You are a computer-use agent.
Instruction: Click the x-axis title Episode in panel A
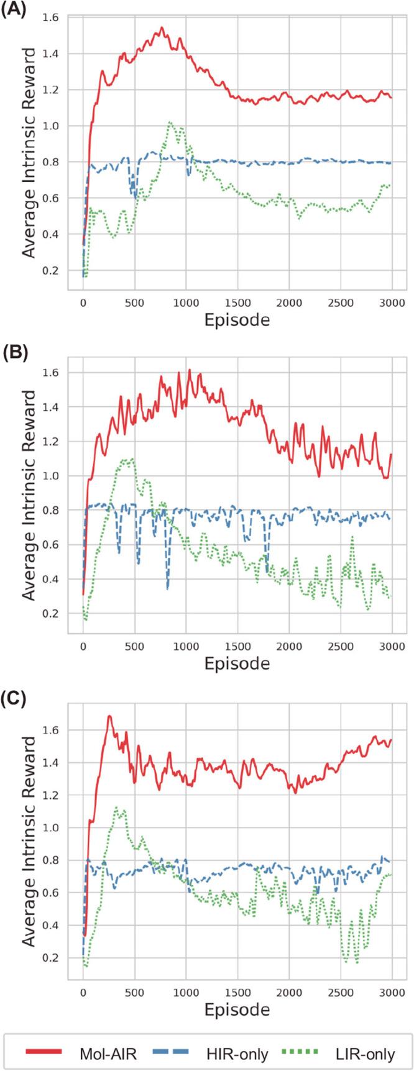pos(237,321)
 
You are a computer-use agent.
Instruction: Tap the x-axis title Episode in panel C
pos(237,1009)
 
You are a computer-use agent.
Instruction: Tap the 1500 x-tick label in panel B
pos(237,646)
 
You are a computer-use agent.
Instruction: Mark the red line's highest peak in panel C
pos(109,716)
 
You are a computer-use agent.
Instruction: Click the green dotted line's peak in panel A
pos(169,122)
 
